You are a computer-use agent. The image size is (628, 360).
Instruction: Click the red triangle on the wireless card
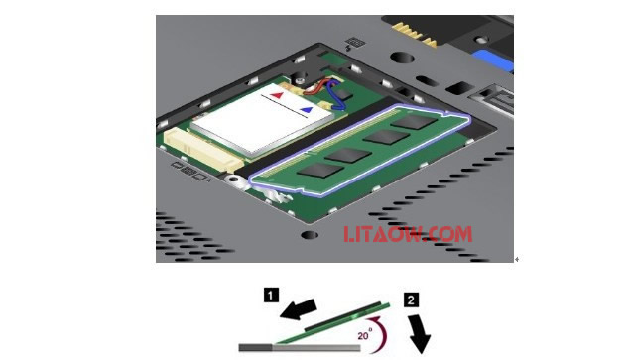(x=277, y=95)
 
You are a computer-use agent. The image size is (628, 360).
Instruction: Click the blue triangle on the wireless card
(x=307, y=109)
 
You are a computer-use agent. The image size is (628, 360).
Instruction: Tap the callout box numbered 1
(x=271, y=296)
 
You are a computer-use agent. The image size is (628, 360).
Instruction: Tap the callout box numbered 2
(x=411, y=300)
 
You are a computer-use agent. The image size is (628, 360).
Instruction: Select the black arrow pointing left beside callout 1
(x=299, y=309)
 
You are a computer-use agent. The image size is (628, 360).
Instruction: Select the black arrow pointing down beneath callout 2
(x=420, y=334)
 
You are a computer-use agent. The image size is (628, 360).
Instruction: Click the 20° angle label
(x=365, y=334)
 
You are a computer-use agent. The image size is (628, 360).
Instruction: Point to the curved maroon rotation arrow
(x=379, y=333)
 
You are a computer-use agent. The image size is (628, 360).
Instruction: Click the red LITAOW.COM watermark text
(x=408, y=234)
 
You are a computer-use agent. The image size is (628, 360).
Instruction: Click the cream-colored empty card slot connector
(x=203, y=149)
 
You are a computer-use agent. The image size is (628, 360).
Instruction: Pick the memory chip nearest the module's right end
(x=414, y=122)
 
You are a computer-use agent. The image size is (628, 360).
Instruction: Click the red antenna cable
(x=314, y=89)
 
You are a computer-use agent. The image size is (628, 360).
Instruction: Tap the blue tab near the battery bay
(x=493, y=60)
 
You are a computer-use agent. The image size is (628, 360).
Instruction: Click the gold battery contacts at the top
(x=414, y=34)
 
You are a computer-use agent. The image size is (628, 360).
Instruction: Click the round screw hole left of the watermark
(x=310, y=235)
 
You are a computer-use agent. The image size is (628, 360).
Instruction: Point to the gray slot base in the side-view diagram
(x=300, y=347)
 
